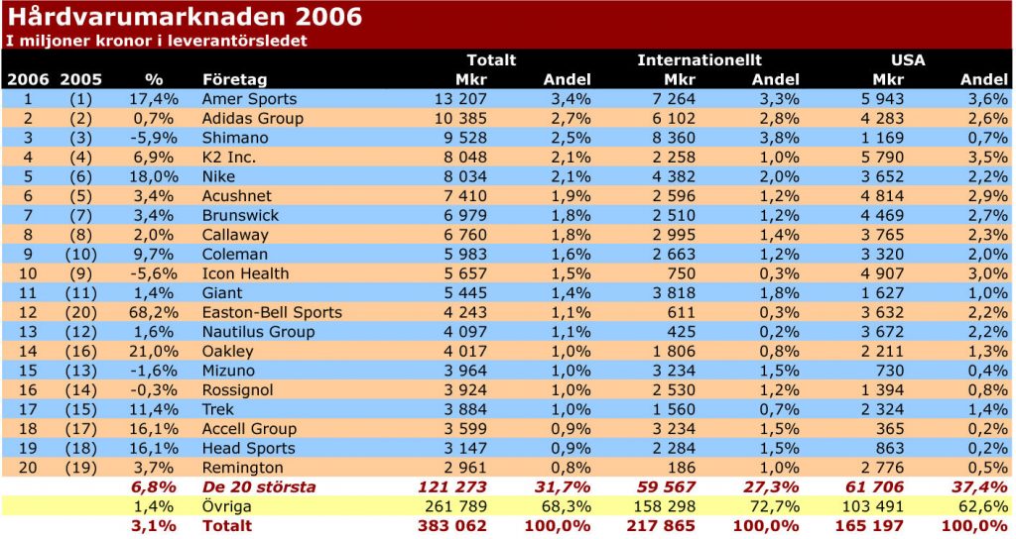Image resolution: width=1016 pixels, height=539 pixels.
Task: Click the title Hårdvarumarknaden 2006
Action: point(185,17)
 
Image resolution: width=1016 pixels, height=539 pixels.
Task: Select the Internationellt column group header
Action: point(699,59)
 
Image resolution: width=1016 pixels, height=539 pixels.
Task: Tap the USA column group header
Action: point(907,59)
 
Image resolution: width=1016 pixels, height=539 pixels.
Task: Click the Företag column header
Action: point(234,79)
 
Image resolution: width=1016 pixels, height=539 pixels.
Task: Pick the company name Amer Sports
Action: point(249,99)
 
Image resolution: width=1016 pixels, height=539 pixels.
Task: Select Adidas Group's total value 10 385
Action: point(460,118)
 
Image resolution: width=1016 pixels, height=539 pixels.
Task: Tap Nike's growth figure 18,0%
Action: point(154,176)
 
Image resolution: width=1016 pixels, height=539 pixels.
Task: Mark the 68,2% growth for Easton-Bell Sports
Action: point(154,312)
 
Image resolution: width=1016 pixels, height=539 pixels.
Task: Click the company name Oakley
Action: point(228,351)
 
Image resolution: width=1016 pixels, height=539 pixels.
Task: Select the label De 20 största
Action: point(259,486)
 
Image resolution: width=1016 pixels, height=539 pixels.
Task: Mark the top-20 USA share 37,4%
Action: point(981,486)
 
